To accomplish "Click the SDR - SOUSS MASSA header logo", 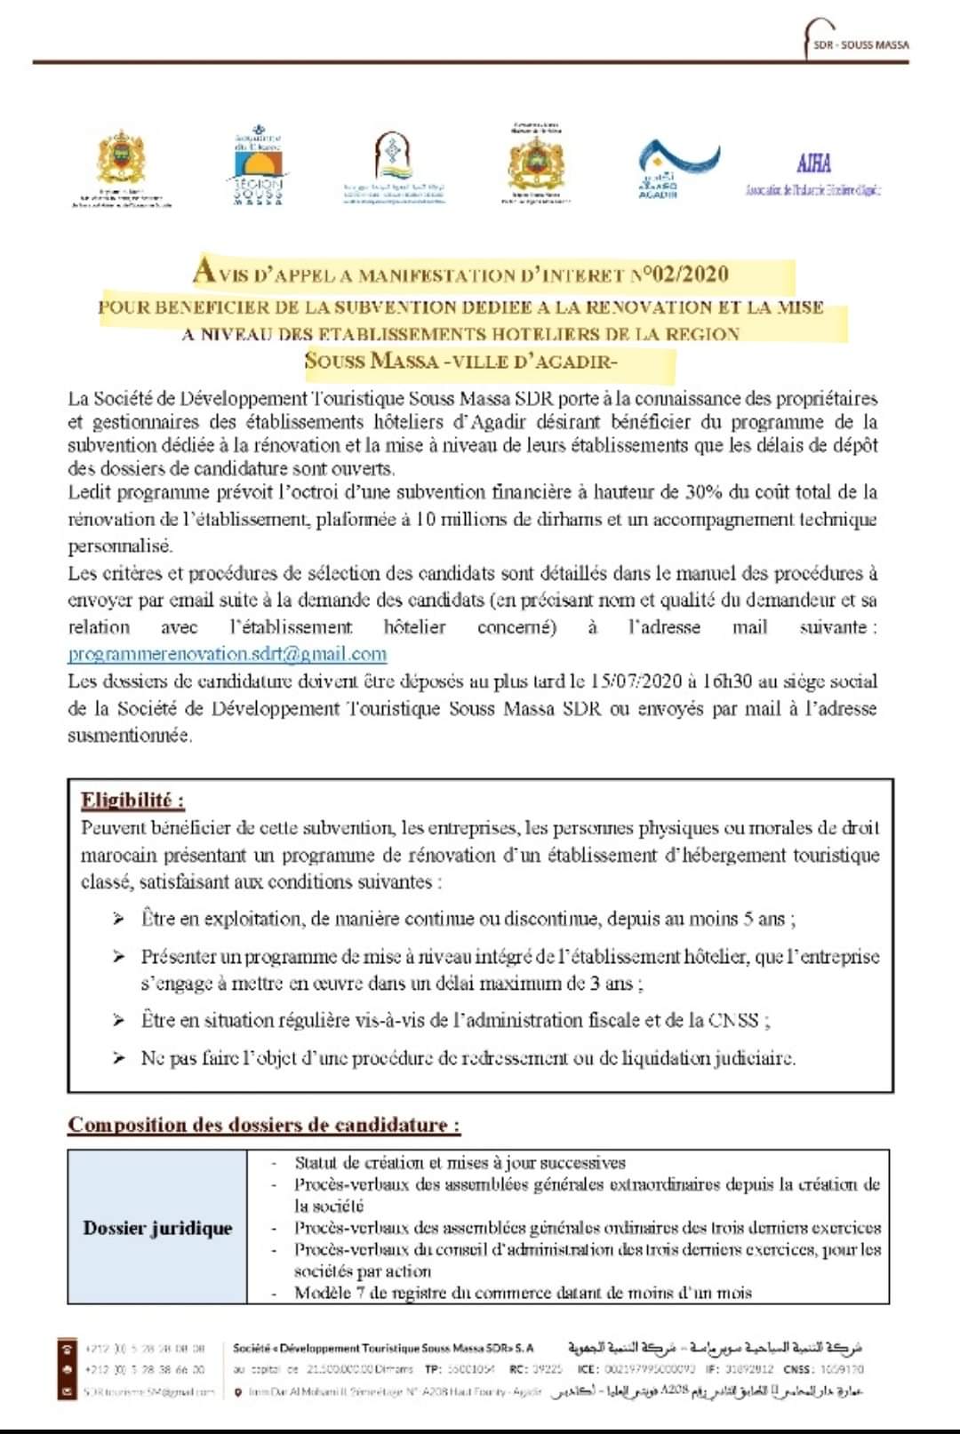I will click(857, 39).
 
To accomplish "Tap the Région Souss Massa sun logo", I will click(258, 166).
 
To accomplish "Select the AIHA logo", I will click(813, 165).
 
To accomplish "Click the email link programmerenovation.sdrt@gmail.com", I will click(228, 654).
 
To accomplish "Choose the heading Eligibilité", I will click(132, 800).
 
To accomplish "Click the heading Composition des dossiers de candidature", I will click(264, 1125).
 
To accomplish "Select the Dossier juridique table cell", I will click(158, 1228).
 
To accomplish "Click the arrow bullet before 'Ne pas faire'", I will click(119, 1058).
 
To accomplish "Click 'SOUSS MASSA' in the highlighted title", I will click(372, 361).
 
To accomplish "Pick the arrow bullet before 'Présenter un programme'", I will click(119, 957).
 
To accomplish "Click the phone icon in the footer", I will click(65, 1349).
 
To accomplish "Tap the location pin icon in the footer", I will click(238, 1392).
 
